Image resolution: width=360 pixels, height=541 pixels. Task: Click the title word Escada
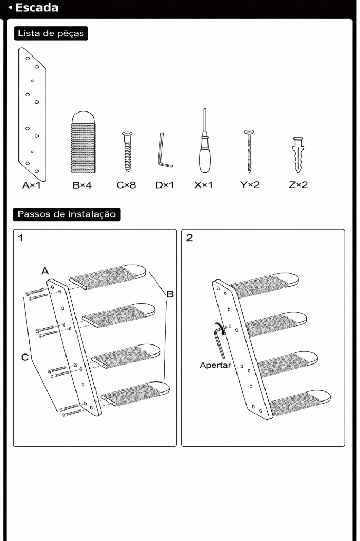pyautogui.click(x=36, y=8)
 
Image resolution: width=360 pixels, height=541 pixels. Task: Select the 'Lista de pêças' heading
pyautogui.click(x=51, y=33)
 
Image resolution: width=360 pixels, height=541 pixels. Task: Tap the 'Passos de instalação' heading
pyautogui.click(x=67, y=214)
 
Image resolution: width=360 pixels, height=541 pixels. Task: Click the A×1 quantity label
pyautogui.click(x=31, y=185)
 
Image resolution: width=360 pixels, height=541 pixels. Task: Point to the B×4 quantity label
pyautogui.click(x=82, y=185)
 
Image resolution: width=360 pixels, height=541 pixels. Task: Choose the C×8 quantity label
pyautogui.click(x=126, y=185)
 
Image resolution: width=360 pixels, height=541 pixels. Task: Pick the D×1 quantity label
pyautogui.click(x=165, y=185)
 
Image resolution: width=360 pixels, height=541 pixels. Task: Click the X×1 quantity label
pyautogui.click(x=203, y=185)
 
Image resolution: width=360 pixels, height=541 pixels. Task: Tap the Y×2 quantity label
pyautogui.click(x=250, y=185)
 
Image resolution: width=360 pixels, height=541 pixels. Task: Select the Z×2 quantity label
pyautogui.click(x=298, y=185)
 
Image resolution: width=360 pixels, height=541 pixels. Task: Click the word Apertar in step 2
pyautogui.click(x=215, y=365)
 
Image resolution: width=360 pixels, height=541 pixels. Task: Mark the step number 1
pyautogui.click(x=21, y=238)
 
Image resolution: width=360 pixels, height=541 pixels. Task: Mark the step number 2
pyautogui.click(x=190, y=238)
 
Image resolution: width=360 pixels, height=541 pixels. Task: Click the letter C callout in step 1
pyautogui.click(x=25, y=357)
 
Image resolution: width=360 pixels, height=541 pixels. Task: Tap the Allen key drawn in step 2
pyautogui.click(x=217, y=341)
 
